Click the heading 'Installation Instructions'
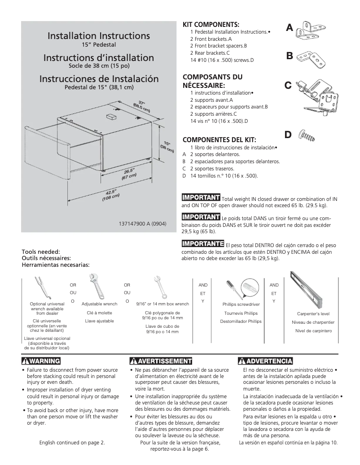tap(99, 35)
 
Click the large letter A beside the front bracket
tap(290, 28)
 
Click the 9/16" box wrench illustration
tap(160, 287)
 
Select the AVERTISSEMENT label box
tap(160, 361)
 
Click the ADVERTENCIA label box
tap(266, 361)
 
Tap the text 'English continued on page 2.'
tap(72, 443)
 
